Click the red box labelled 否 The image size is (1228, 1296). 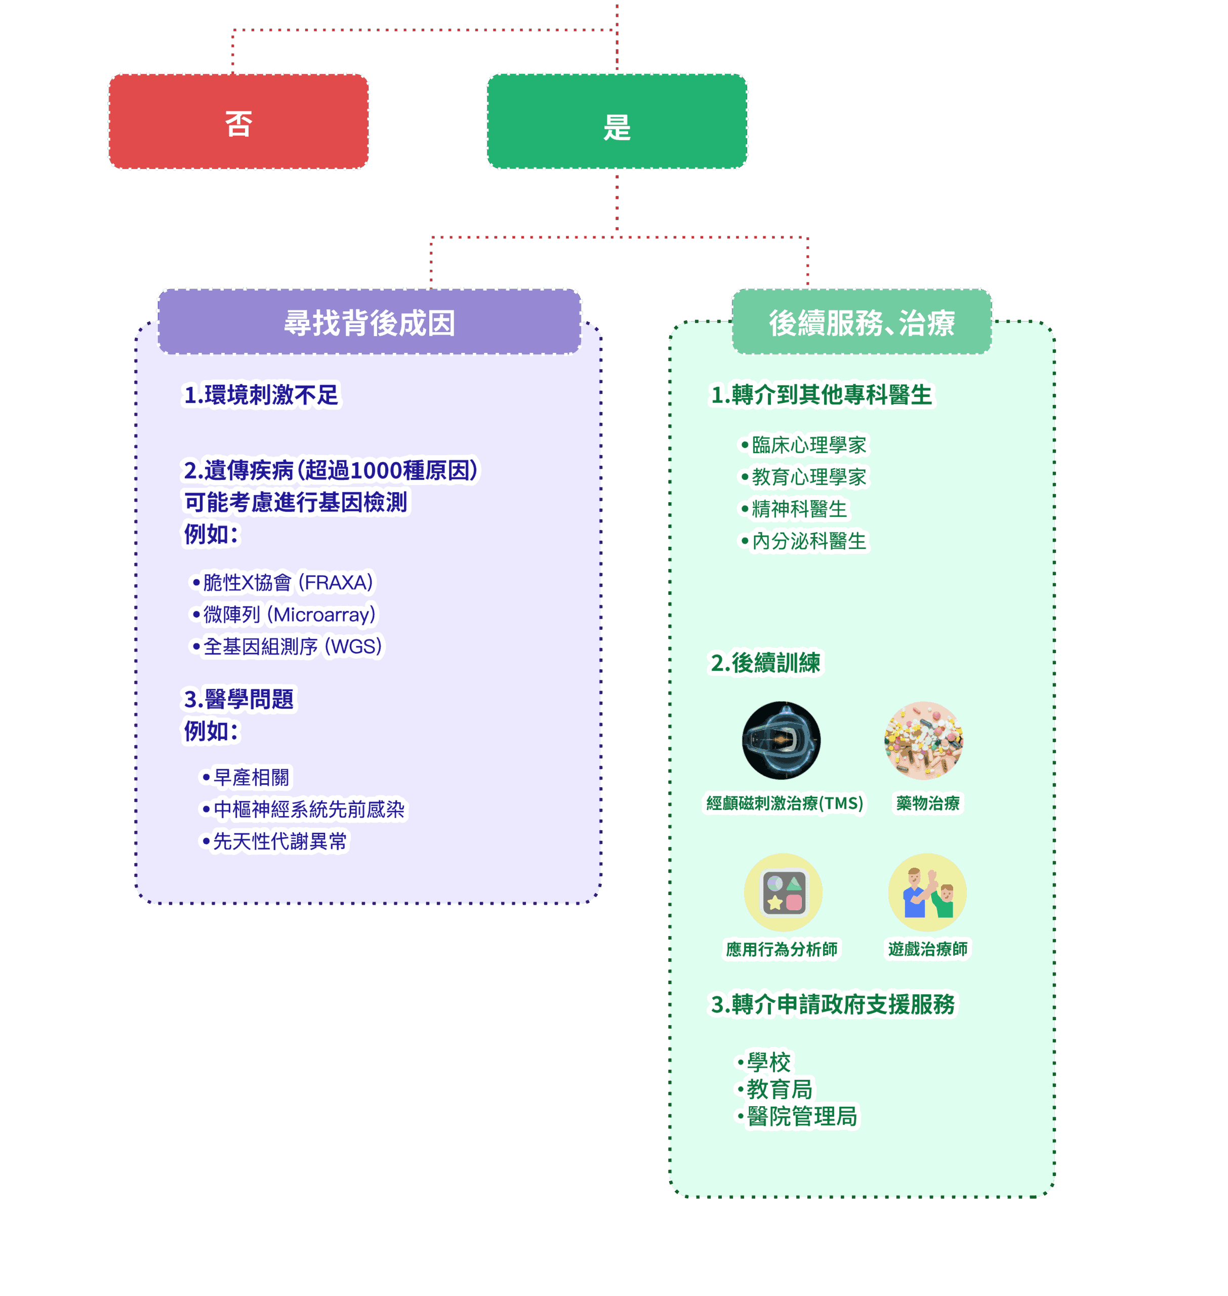238,121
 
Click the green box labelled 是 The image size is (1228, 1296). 617,121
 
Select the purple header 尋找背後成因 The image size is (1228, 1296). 369,322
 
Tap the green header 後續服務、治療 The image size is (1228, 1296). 862,322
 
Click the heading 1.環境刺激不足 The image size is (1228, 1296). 261,395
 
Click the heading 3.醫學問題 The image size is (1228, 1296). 239,699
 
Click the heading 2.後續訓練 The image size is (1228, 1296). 765,662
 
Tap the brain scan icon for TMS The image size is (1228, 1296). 782,740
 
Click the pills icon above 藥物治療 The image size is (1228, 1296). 924,740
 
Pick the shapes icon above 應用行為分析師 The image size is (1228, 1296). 784,892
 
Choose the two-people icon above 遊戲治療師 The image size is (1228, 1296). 927,892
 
